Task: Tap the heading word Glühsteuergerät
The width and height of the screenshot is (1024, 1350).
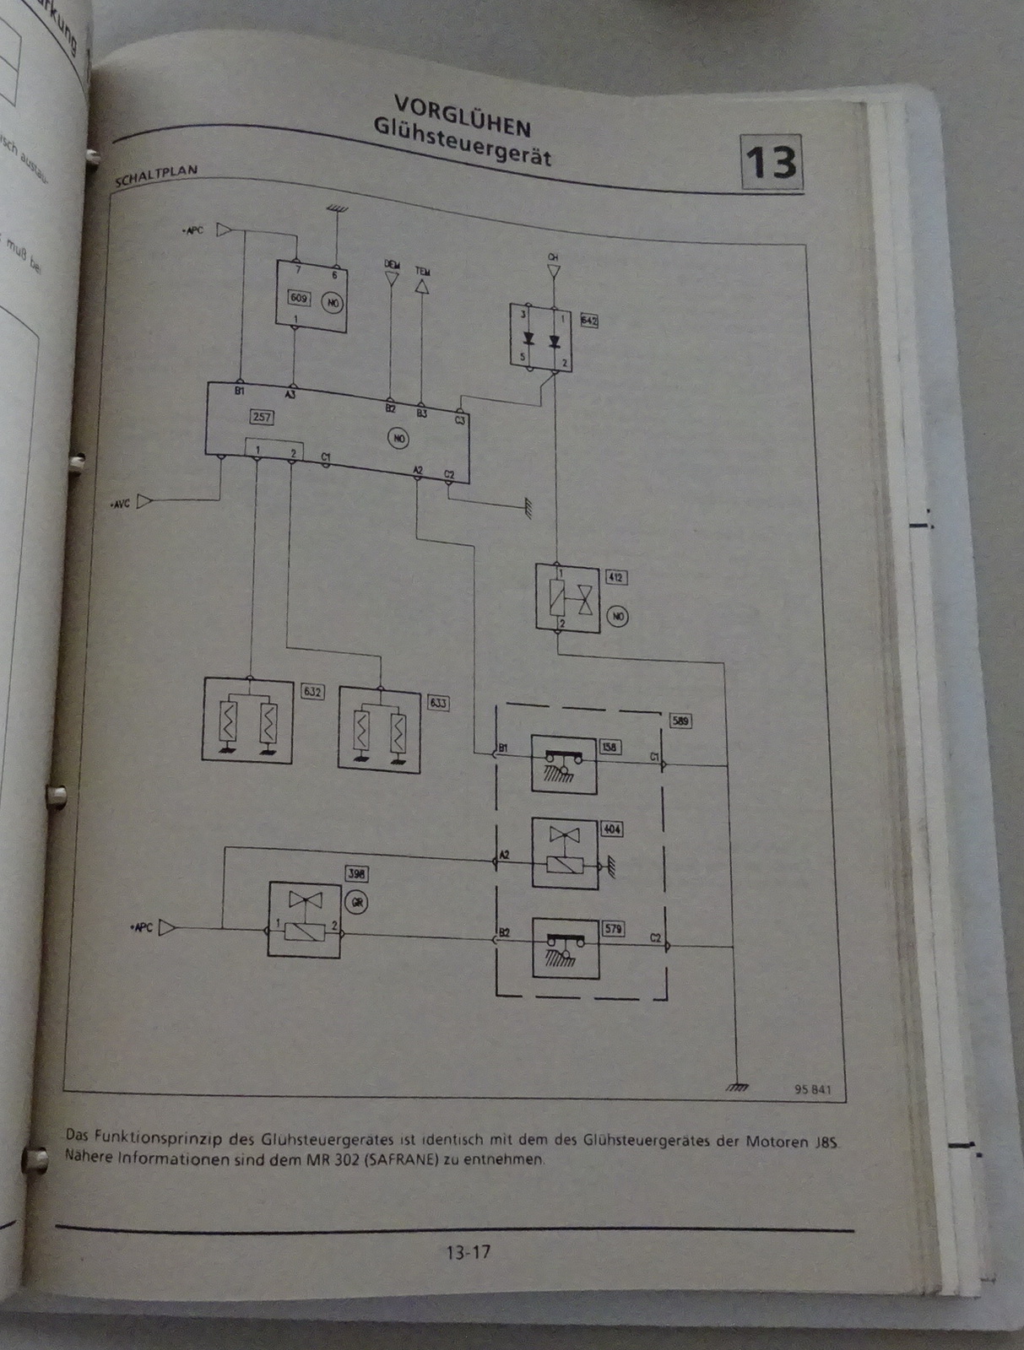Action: [463, 142]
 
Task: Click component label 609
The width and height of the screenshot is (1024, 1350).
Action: [299, 298]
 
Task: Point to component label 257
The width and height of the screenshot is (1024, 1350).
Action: [261, 416]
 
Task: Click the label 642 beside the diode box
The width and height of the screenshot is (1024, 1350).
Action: [588, 321]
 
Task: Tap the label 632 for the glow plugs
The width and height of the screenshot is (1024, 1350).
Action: [312, 691]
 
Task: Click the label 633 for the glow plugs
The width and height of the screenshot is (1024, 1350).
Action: [438, 702]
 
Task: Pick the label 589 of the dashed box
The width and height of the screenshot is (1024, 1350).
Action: [680, 721]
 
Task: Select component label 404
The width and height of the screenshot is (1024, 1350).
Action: [611, 829]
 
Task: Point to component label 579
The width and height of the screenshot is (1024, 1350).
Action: [613, 929]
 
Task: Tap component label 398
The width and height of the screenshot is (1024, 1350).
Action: [356, 874]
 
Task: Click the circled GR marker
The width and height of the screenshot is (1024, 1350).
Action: [357, 902]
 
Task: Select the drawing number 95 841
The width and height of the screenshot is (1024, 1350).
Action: [812, 1089]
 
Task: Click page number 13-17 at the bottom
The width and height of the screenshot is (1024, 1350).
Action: [468, 1251]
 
